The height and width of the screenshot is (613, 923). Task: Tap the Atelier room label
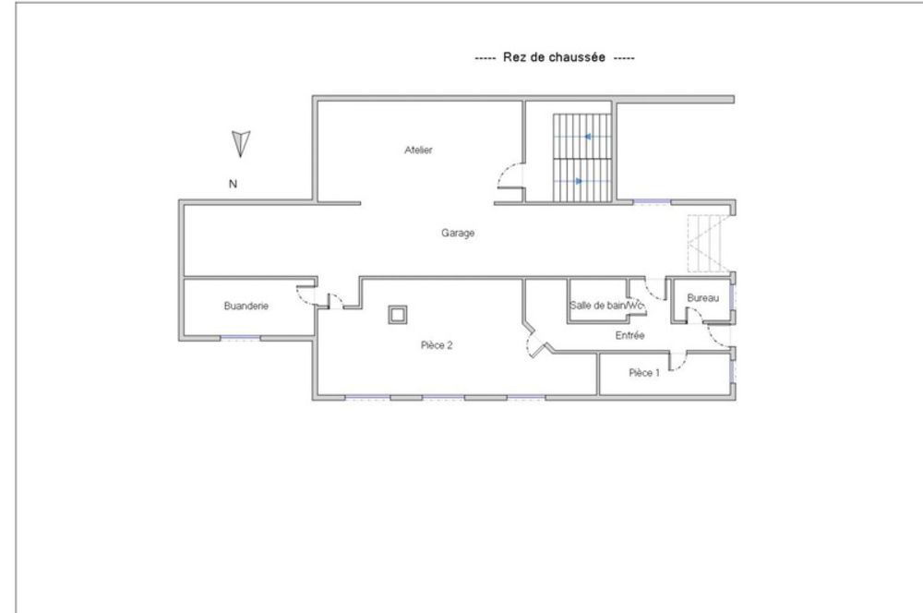(418, 150)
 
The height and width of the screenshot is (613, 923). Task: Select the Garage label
(458, 234)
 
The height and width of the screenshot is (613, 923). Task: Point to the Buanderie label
(246, 306)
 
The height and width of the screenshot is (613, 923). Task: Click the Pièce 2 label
(437, 345)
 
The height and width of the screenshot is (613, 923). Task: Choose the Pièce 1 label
(644, 373)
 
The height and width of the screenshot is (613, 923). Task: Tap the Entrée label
(629, 336)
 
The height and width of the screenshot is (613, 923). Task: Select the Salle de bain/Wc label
(605, 306)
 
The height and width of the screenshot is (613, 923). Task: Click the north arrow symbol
(241, 143)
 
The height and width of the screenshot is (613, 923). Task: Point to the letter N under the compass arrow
(234, 184)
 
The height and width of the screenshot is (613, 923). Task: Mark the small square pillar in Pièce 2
(398, 316)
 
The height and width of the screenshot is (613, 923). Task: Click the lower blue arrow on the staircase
(578, 181)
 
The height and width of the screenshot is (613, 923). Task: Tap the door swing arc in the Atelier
(508, 175)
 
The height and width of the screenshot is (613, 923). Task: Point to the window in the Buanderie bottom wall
(240, 339)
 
